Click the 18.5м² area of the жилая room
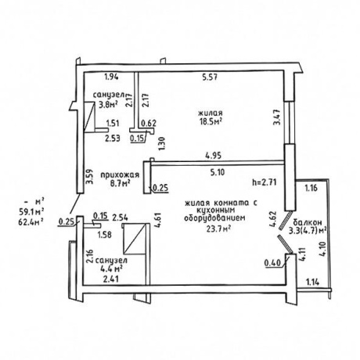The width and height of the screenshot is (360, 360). [x=211, y=122]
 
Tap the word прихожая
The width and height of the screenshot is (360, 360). [x=120, y=175]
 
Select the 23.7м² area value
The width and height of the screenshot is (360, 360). [x=218, y=229]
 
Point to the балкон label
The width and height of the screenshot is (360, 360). [x=308, y=222]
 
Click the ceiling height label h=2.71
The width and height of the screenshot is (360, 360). [x=265, y=182]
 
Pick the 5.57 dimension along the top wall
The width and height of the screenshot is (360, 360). [x=210, y=77]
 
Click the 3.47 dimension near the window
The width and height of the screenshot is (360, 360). [x=277, y=117]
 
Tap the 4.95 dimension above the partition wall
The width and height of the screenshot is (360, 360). [x=214, y=156]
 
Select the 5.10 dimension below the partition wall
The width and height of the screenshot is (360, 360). [x=218, y=172]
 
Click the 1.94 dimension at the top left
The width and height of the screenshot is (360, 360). [x=111, y=77]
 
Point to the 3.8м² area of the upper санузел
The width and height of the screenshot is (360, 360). [x=108, y=104]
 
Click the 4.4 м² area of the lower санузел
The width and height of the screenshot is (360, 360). [x=110, y=268]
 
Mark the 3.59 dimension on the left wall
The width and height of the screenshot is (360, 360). [x=90, y=177]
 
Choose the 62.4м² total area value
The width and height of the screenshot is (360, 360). [x=31, y=221]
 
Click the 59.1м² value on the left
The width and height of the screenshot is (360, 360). [x=31, y=211]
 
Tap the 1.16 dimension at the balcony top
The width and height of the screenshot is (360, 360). [x=311, y=188]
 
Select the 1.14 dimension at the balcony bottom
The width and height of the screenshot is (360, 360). [x=313, y=282]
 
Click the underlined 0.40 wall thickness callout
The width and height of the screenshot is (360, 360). [x=273, y=263]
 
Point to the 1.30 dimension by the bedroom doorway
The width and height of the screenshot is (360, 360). [x=162, y=144]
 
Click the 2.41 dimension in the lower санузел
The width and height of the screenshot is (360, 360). [x=111, y=279]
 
